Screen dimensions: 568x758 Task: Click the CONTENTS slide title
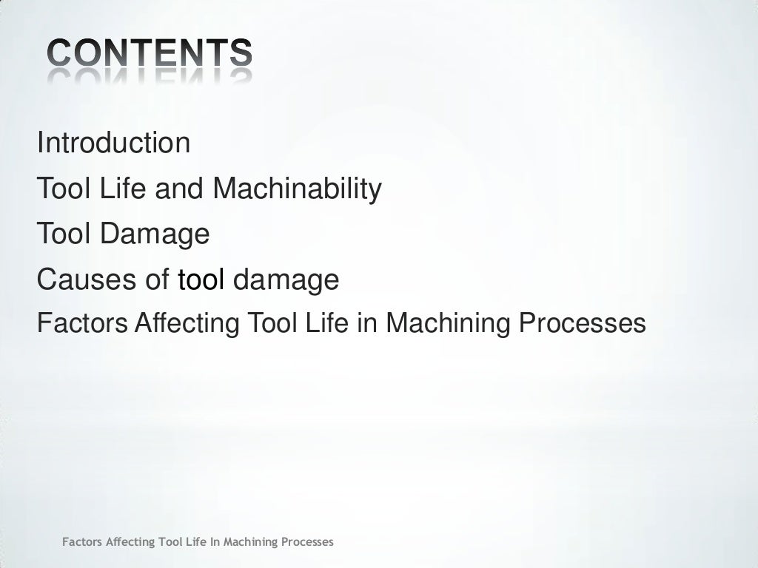click(x=150, y=53)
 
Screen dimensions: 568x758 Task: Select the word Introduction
click(x=113, y=143)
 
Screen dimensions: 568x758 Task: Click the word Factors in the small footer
click(x=82, y=542)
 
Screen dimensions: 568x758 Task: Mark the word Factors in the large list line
click(x=82, y=323)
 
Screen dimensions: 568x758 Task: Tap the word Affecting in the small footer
click(x=130, y=542)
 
